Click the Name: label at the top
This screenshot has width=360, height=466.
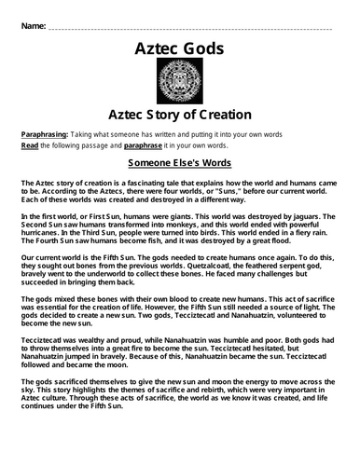point(30,20)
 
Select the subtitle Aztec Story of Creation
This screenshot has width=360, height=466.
point(180,115)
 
